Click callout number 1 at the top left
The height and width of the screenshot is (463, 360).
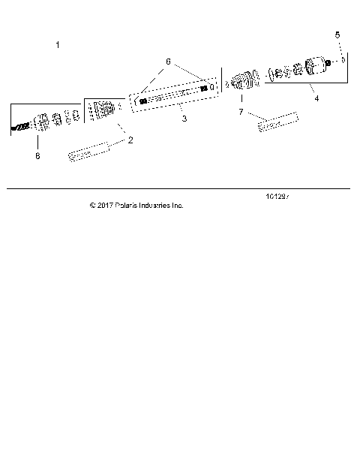pyautogui.click(x=58, y=46)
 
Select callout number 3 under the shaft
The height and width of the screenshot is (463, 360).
pyautogui.click(x=184, y=119)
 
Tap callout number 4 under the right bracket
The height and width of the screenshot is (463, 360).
pyautogui.click(x=316, y=98)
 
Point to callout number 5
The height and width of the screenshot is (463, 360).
pyautogui.click(x=337, y=35)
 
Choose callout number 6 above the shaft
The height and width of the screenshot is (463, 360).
pyautogui.click(x=168, y=61)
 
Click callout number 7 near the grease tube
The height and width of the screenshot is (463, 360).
pyautogui.click(x=241, y=112)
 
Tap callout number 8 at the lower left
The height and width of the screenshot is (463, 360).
pyautogui.click(x=37, y=156)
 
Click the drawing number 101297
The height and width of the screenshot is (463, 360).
pyautogui.click(x=277, y=197)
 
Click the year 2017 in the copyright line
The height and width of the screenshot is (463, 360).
pyautogui.click(x=105, y=205)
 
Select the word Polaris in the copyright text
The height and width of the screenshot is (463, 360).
pyautogui.click(x=128, y=205)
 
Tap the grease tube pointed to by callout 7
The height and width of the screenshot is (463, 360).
pyautogui.click(x=278, y=122)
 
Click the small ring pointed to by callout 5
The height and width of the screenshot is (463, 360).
pyautogui.click(x=341, y=60)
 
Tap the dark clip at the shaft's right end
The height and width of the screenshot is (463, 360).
pyautogui.click(x=203, y=89)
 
